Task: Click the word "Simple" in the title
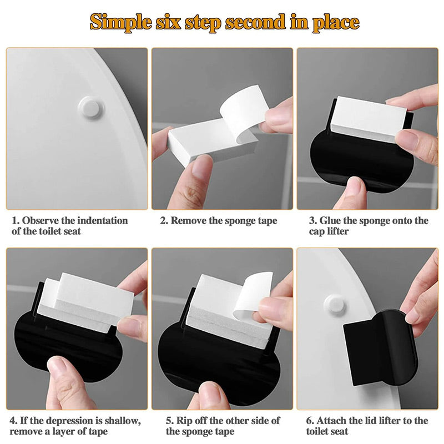click(121, 22)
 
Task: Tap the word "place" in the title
click(336, 22)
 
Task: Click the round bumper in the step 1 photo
click(91, 107)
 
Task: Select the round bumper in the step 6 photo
click(335, 306)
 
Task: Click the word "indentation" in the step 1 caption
click(102, 220)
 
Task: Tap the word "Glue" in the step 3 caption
click(329, 220)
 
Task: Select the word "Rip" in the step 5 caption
click(183, 421)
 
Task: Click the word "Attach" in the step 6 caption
click(330, 421)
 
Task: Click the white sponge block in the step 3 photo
click(365, 119)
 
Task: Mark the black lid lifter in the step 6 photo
click(381, 348)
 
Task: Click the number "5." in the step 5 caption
click(170, 421)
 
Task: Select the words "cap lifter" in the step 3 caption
click(329, 231)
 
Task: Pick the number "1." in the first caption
click(16, 220)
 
